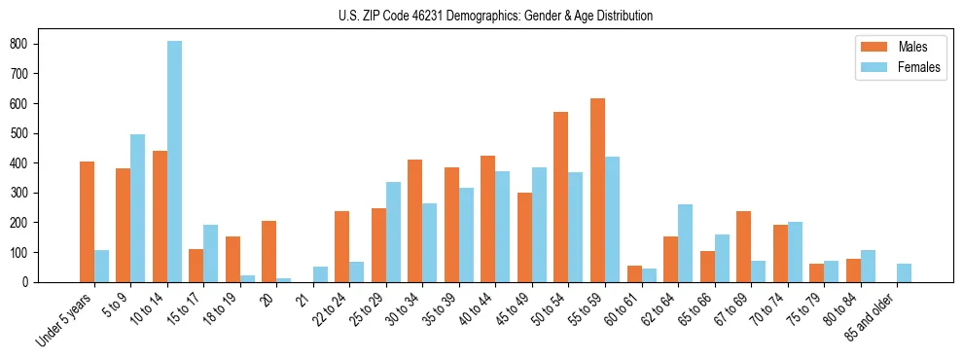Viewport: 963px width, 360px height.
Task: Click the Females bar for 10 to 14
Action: [x=174, y=162]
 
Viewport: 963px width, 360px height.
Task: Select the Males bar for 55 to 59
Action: [x=597, y=191]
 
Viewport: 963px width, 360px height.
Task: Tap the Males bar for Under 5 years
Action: [x=88, y=222]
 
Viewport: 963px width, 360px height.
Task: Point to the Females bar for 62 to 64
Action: [x=685, y=243]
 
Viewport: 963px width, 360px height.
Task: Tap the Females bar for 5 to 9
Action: [x=138, y=208]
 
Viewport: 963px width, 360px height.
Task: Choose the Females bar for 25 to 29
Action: [x=393, y=233]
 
